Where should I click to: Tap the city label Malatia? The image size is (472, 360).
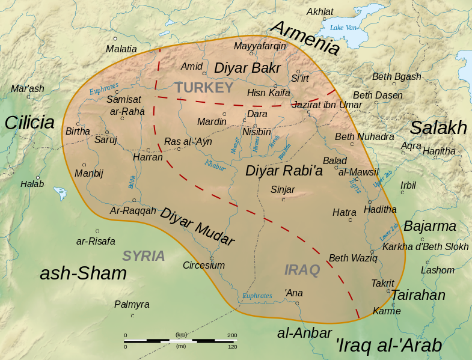tap(121, 49)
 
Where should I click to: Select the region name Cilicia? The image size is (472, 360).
tap(29, 123)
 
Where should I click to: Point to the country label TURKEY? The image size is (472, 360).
tap(204, 88)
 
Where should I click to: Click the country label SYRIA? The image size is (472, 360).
tap(144, 256)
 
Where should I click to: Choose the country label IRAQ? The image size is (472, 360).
tap(302, 270)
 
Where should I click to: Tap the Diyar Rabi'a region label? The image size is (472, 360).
tap(284, 171)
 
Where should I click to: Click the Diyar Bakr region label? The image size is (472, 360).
tap(247, 68)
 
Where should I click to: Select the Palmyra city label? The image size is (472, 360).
tap(132, 305)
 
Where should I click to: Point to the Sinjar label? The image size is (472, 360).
tap(283, 189)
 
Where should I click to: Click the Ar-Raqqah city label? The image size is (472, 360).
tap(133, 210)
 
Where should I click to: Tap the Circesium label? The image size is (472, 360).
tap(204, 265)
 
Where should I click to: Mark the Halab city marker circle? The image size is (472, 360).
tap(38, 177)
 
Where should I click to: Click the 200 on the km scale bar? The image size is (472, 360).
tap(232, 335)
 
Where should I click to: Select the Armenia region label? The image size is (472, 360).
tap(305, 37)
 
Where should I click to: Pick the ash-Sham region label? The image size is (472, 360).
tap(83, 273)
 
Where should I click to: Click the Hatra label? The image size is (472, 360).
tap(345, 212)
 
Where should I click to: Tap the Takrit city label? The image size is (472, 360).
tap(382, 284)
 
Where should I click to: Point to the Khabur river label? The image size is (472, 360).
tap(215, 165)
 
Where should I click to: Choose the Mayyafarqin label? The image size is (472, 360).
tap(260, 46)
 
